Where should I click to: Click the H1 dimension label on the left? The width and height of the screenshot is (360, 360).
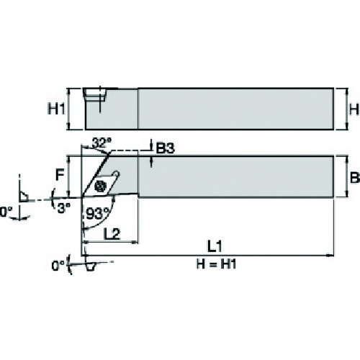click(x=57, y=109)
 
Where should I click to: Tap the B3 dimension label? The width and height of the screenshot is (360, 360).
click(x=166, y=148)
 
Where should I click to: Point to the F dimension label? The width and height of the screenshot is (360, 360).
click(x=60, y=175)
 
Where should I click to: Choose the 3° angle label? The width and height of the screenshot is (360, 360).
click(x=64, y=207)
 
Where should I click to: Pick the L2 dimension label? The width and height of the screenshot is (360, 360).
click(x=112, y=234)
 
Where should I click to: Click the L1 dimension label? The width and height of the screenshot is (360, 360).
click(x=215, y=246)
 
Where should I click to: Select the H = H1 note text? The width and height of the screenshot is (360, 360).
click(x=216, y=264)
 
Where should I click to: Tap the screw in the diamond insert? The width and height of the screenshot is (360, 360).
click(x=100, y=186)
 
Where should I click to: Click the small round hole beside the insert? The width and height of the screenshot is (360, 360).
click(x=116, y=174)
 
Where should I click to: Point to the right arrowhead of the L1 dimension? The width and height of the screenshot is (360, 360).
click(x=330, y=256)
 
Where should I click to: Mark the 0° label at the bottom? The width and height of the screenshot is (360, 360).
click(x=58, y=266)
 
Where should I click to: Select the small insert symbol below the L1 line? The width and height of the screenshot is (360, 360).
click(x=91, y=266)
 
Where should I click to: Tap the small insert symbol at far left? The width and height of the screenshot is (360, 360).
click(x=23, y=197)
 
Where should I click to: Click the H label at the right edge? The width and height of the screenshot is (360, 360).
click(x=354, y=109)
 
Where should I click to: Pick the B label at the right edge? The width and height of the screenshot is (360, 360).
click(x=355, y=178)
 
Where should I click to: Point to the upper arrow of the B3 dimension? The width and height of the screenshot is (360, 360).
click(x=151, y=144)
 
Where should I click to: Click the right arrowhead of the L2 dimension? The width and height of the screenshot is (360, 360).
click(x=135, y=243)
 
